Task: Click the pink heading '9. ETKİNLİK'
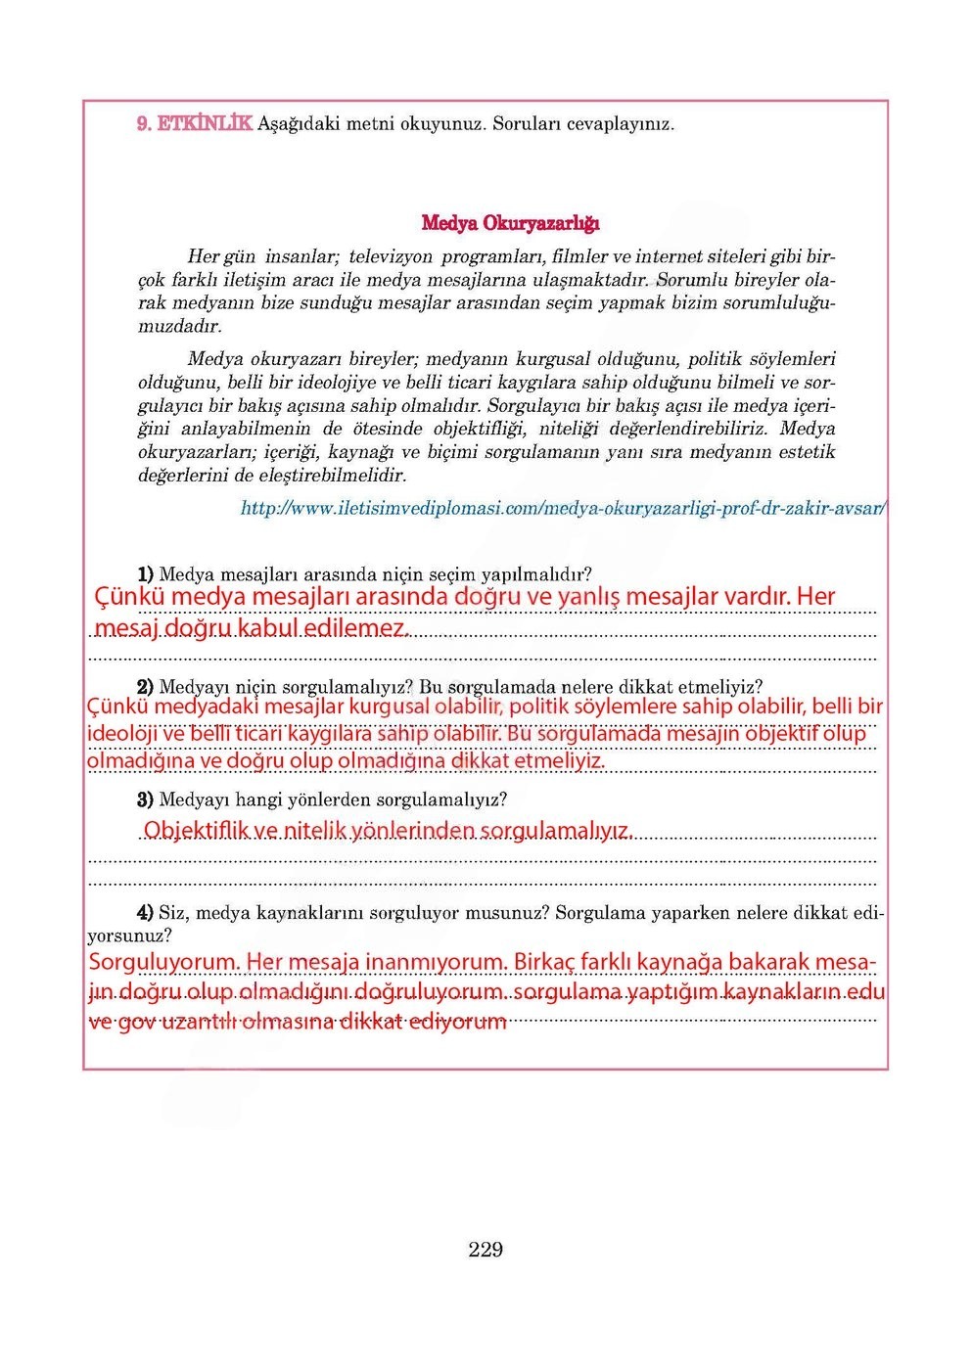[x=194, y=124]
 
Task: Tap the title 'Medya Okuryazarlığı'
[x=510, y=223]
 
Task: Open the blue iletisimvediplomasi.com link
[x=563, y=509]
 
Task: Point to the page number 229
[x=486, y=1250]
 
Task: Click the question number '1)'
[x=145, y=573]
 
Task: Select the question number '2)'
[x=145, y=687]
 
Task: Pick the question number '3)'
[x=145, y=799]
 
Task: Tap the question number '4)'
[x=145, y=913]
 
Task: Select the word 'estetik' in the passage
[x=806, y=452]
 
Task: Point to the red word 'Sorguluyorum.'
[x=163, y=962]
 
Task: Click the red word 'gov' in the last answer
[x=137, y=1023]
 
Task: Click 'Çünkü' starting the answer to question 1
[x=129, y=597]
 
